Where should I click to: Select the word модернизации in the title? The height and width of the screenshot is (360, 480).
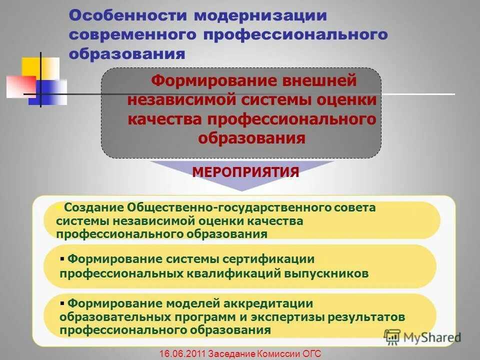[260, 15]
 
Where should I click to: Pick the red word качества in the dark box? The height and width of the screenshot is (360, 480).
[164, 119]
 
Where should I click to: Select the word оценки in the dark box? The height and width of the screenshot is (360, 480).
[346, 100]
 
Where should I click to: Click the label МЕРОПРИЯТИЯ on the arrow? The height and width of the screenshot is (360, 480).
[245, 172]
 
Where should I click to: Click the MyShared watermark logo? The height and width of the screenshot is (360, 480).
[422, 337]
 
